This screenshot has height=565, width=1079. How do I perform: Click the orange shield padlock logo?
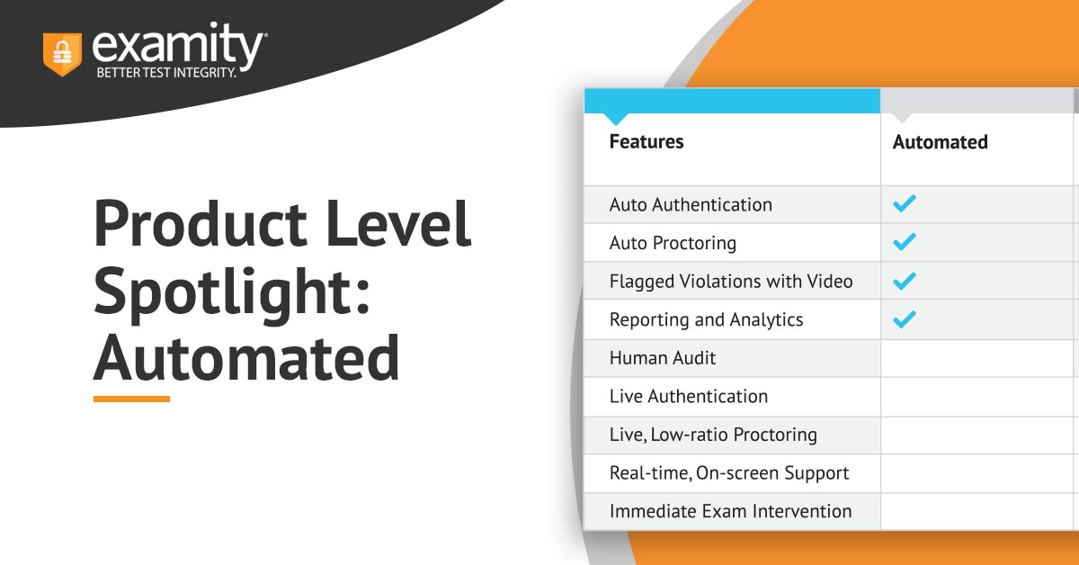[x=62, y=54]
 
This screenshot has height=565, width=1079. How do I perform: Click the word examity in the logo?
[x=177, y=46]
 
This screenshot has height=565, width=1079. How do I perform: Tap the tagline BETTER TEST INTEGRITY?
[x=166, y=73]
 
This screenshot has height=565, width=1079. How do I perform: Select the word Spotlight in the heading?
[x=231, y=294]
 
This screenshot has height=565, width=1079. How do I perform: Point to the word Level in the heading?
[x=398, y=224]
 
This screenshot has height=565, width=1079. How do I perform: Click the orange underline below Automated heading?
[x=131, y=399]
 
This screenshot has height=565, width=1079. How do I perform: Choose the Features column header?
[x=647, y=142]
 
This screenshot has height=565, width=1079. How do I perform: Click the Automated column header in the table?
[x=941, y=142]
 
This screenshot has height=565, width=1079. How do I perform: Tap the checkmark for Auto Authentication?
[x=905, y=203]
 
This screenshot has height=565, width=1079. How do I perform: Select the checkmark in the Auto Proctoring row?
[x=905, y=242]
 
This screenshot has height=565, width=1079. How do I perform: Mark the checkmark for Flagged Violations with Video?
[x=905, y=281]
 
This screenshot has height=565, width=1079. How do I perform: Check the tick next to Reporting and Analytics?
[x=905, y=319]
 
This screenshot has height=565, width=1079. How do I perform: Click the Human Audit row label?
[x=663, y=358]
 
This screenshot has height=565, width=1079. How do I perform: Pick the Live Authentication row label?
[x=689, y=396]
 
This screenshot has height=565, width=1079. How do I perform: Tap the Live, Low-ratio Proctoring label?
[x=713, y=435]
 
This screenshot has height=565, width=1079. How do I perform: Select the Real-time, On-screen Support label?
[x=729, y=473]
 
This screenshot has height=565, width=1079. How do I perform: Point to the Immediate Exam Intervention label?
[x=730, y=511]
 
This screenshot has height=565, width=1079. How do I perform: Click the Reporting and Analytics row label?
[x=706, y=320]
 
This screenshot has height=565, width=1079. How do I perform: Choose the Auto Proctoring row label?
[x=673, y=244]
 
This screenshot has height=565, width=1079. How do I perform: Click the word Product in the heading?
[x=201, y=224]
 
